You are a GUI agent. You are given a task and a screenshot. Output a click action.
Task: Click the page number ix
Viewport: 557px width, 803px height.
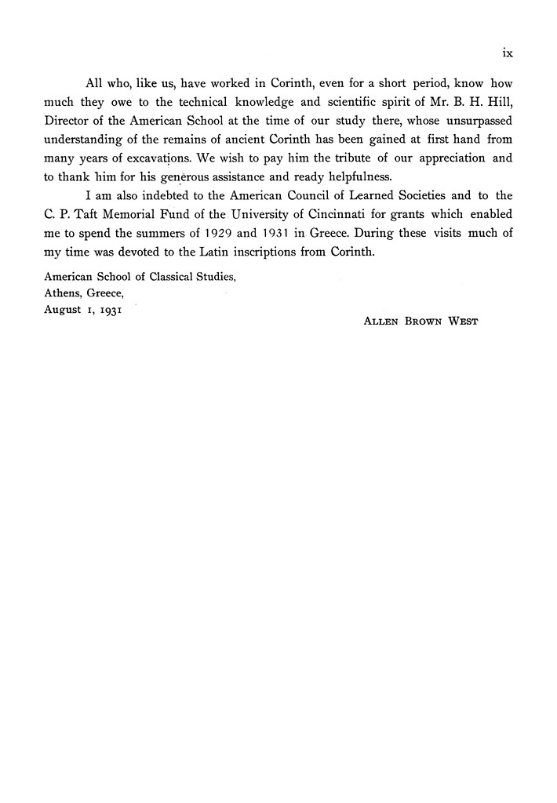pos(507,54)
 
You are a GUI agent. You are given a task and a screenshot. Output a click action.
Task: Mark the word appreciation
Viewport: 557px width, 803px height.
pos(439,157)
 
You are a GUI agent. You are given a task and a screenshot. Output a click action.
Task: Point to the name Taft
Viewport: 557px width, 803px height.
pos(90,214)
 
